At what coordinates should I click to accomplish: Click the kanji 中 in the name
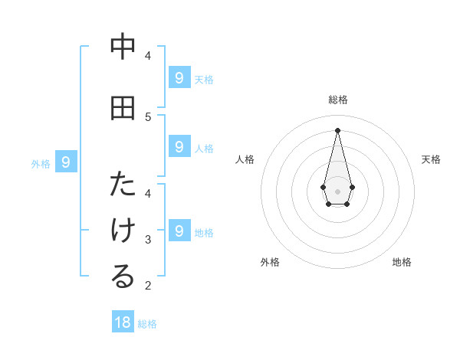click(x=123, y=47)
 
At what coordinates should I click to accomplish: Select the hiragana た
click(x=123, y=185)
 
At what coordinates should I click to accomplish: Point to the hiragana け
click(x=123, y=231)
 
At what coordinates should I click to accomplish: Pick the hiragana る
click(x=123, y=277)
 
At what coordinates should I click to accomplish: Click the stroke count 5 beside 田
click(x=148, y=116)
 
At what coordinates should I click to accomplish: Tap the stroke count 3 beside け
click(x=148, y=240)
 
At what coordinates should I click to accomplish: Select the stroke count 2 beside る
click(x=148, y=286)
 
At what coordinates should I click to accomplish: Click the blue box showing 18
click(x=123, y=322)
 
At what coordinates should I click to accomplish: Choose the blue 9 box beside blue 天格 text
click(x=179, y=77)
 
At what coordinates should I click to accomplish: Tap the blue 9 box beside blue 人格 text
click(x=179, y=146)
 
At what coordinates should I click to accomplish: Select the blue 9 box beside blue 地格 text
click(x=179, y=231)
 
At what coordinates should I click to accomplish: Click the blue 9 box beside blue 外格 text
click(x=66, y=162)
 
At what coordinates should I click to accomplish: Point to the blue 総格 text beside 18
click(x=147, y=324)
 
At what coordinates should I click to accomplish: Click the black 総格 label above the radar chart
click(x=338, y=100)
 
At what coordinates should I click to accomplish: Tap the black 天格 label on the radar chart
click(x=431, y=159)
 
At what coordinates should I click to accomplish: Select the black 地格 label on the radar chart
click(x=402, y=262)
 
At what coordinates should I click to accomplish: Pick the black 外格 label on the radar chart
click(x=270, y=262)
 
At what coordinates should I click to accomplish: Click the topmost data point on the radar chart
click(x=337, y=129)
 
